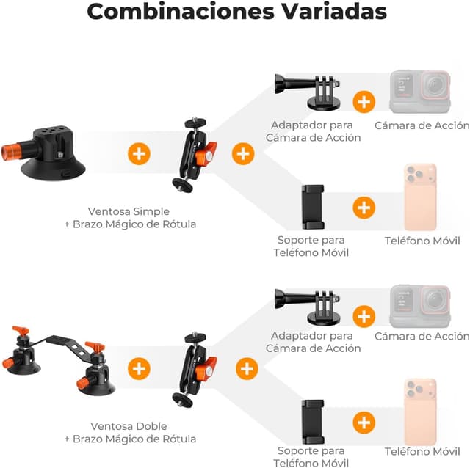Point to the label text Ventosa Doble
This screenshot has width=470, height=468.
click(129, 426)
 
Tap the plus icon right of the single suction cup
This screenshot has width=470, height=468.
click(138, 154)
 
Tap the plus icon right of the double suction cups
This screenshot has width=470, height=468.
click(138, 368)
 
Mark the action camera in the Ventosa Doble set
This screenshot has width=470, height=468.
click(419, 306)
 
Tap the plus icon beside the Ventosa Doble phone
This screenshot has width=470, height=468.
click(364, 423)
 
